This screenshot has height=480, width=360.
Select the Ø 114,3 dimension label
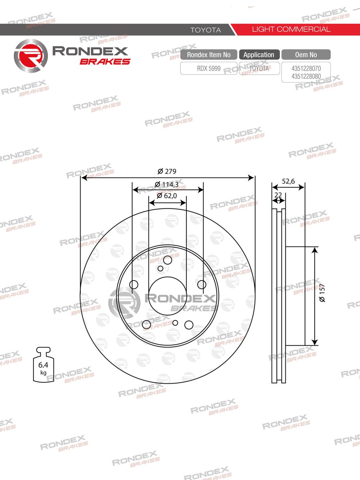tap(167, 185)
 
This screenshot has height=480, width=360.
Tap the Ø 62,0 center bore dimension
tap(167, 196)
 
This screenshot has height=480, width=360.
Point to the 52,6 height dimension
tap(288, 181)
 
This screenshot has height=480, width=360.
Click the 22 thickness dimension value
tap(278, 195)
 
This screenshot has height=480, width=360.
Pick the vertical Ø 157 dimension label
tap(322, 293)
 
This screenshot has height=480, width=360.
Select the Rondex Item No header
tap(208, 55)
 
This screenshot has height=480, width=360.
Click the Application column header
tap(259, 55)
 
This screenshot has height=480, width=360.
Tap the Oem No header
tap(306, 55)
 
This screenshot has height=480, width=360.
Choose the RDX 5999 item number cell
tap(208, 68)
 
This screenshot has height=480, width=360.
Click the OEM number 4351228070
tap(306, 68)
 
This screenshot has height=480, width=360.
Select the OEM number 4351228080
tap(306, 76)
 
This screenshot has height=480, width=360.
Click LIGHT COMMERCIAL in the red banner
tap(291, 29)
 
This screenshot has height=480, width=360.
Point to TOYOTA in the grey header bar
tap(206, 30)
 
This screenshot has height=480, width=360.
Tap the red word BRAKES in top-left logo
tap(105, 62)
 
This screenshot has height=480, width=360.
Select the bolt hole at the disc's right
tap(202, 285)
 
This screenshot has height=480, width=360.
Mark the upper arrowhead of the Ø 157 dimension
tap(315, 250)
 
